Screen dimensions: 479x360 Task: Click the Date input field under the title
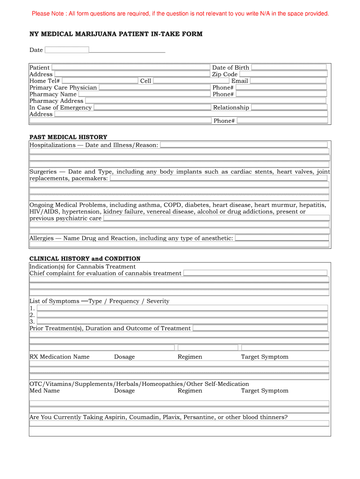tap(66, 50)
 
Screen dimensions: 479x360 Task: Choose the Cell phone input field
tap(182, 81)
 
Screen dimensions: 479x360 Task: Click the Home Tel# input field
tap(100, 81)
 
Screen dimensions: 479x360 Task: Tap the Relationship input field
tap(289, 108)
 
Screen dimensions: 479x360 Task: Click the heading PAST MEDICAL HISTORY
tap(68, 137)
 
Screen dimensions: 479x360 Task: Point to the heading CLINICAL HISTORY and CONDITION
tap(85, 259)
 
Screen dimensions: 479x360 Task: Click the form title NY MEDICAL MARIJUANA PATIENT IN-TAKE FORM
tap(116, 34)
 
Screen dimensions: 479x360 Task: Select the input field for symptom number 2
tap(182, 315)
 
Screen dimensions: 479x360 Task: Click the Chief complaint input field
tap(255, 273)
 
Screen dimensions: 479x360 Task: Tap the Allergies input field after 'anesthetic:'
tap(282, 238)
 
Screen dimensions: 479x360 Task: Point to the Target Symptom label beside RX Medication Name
tap(265, 357)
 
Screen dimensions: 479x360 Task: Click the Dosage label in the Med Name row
tap(124, 391)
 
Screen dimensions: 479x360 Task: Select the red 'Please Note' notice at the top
tap(180, 14)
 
